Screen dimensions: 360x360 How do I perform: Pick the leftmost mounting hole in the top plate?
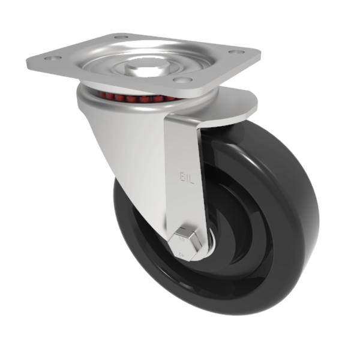pyautogui.click(x=50, y=59)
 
